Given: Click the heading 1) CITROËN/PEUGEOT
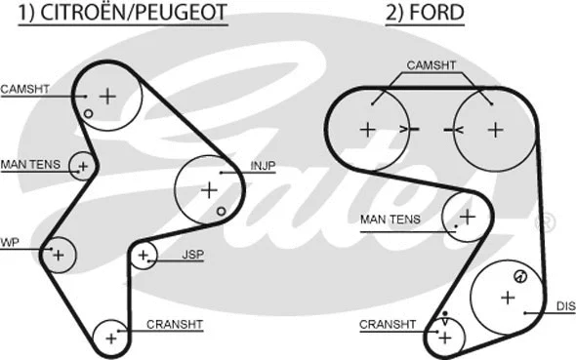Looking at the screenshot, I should [x=118, y=14].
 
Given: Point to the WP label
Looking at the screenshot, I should [x=10, y=242].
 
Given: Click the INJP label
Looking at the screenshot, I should [x=263, y=167].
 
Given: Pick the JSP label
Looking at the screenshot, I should [x=192, y=255].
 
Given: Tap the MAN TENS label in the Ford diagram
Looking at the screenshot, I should [x=390, y=220].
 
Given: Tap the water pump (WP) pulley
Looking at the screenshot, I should [x=59, y=254].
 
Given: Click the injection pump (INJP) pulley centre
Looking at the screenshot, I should [x=208, y=188].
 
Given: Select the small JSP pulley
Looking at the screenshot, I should [x=144, y=256].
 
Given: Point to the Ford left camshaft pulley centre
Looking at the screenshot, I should [x=368, y=128].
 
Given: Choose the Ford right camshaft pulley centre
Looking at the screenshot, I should [x=495, y=128].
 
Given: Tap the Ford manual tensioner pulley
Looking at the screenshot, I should [x=466, y=217].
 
